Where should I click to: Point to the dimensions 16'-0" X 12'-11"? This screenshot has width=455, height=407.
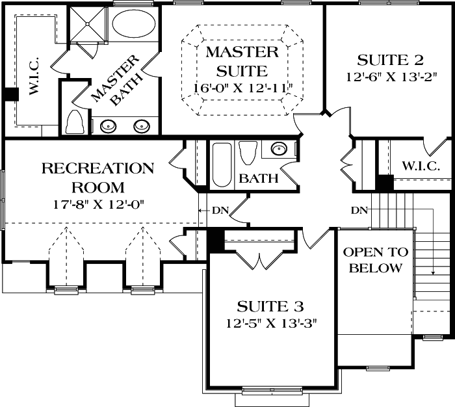click(x=243, y=87)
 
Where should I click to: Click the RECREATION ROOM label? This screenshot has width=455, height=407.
click(x=97, y=177)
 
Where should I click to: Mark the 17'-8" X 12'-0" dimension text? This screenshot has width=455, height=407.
click(x=97, y=203)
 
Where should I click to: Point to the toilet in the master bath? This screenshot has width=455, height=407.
click(x=75, y=122)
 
